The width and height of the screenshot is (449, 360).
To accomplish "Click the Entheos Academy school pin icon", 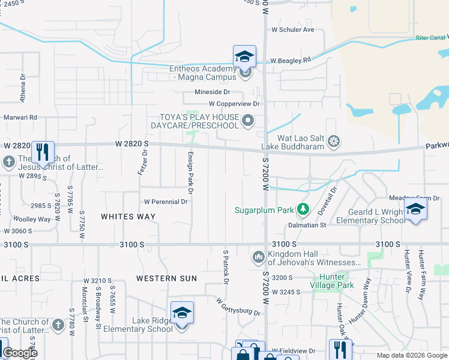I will [244, 56].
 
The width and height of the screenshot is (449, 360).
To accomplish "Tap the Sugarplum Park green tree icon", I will [304, 209].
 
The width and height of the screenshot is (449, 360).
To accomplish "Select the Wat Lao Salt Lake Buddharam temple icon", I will [334, 142].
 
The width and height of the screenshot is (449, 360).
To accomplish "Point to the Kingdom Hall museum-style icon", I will [259, 257].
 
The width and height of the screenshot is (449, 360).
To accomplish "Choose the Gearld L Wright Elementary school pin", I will [415, 209].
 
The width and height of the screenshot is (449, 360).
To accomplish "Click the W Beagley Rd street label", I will [291, 61].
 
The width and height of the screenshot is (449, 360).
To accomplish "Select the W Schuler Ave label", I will [292, 29].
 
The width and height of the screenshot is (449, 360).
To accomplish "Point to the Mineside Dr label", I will [212, 92].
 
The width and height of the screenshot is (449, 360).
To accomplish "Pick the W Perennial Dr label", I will [165, 202].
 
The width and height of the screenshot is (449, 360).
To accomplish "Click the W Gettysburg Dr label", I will [238, 308].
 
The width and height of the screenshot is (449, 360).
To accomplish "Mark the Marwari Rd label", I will [21, 118].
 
